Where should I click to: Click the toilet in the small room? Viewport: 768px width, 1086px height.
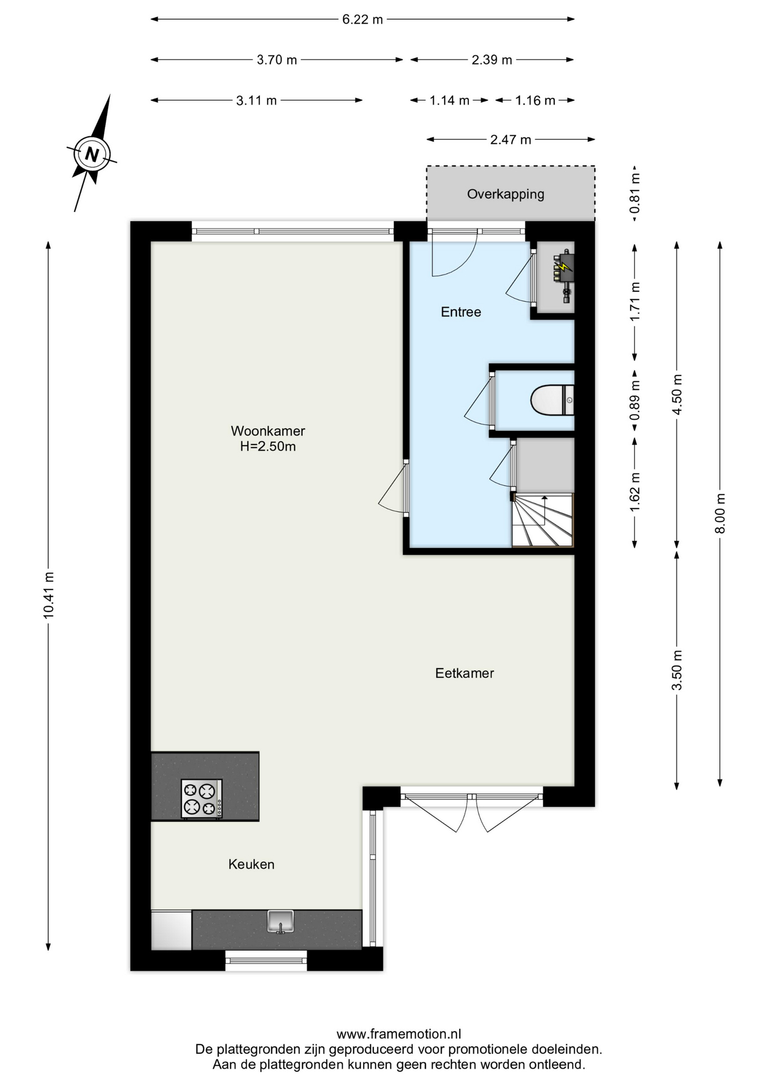click(x=552, y=400)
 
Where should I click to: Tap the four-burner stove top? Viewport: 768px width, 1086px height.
click(x=201, y=798)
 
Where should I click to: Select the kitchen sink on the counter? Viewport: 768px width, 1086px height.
click(x=281, y=921)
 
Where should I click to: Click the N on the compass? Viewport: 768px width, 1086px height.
click(x=92, y=154)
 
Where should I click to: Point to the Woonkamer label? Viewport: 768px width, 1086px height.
click(x=267, y=430)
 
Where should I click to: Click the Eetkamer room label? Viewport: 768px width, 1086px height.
click(x=464, y=673)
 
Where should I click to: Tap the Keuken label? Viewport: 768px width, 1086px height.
click(x=251, y=864)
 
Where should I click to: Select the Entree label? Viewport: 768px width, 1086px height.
click(x=461, y=312)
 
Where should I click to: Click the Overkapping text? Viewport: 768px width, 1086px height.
click(x=506, y=194)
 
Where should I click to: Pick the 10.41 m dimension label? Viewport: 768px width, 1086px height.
click(x=49, y=594)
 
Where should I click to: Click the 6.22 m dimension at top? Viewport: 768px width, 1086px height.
click(x=363, y=19)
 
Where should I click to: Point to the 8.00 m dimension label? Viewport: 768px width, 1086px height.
click(x=720, y=514)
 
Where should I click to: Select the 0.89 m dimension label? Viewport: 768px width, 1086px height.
click(x=635, y=400)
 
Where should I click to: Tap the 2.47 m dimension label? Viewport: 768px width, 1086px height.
click(x=511, y=140)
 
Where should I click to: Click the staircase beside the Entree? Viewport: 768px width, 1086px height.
click(x=543, y=520)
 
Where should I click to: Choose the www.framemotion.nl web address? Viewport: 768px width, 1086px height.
click(x=399, y=1035)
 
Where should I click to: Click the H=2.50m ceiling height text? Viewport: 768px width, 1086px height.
click(x=267, y=446)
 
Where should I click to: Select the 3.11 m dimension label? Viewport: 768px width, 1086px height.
click(x=256, y=101)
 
